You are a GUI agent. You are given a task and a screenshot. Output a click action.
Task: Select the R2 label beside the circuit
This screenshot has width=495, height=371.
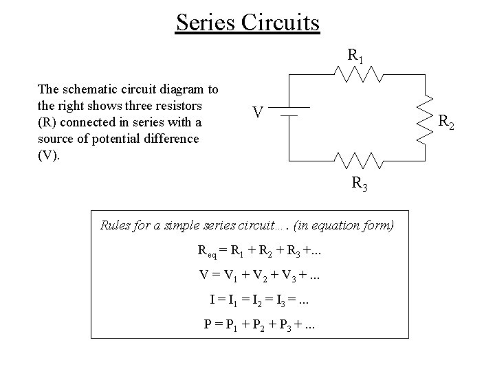click(x=446, y=123)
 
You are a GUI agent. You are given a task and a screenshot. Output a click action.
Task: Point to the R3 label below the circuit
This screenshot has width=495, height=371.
click(x=359, y=183)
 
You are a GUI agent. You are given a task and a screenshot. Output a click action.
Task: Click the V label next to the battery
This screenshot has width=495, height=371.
click(x=256, y=111)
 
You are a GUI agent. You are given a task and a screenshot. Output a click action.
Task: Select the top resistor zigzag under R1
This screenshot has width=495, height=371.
click(x=356, y=74)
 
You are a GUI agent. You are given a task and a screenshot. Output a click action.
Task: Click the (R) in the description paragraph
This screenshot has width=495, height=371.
click(x=47, y=122)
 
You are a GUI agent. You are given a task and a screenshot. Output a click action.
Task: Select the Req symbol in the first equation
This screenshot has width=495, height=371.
click(x=205, y=251)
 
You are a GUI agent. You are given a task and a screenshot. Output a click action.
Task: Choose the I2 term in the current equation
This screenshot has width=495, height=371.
click(x=265, y=299)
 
